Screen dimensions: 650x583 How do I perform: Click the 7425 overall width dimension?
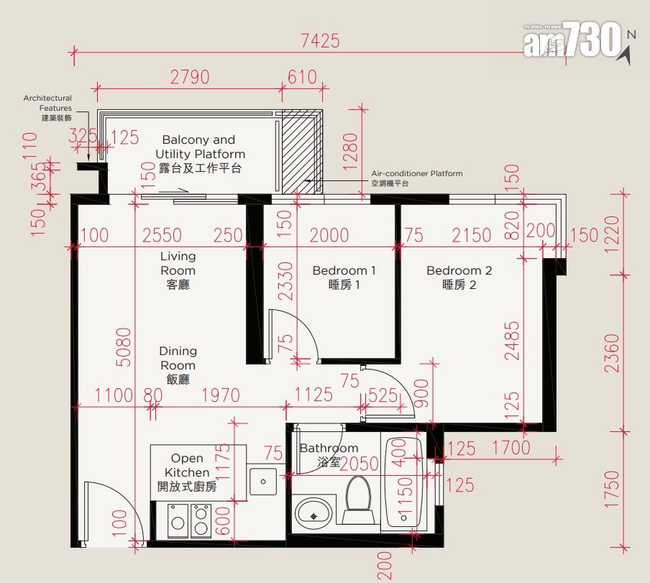tap(320, 40)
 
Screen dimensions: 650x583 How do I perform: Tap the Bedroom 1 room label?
tap(344, 277)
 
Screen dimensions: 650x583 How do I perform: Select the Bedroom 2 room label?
tap(459, 277)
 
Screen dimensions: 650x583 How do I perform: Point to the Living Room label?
tap(178, 270)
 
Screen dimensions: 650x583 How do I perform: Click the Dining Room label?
tap(178, 365)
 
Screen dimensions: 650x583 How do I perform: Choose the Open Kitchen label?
tap(187, 472)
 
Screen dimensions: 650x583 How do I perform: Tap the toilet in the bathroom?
tap(358, 500)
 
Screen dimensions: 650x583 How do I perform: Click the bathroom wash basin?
tap(313, 513)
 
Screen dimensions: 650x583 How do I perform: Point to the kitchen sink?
tap(263, 482)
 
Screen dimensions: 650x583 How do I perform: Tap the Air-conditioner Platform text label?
tap(416, 178)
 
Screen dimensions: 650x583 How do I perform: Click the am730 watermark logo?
tap(572, 40)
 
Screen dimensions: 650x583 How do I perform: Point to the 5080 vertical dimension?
tap(124, 347)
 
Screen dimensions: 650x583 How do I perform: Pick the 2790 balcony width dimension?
tap(190, 78)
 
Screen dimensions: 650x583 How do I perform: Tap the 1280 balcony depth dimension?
tap(350, 152)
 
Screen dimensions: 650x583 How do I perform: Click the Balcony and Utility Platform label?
tap(200, 154)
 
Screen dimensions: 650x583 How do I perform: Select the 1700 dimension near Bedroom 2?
tap(511, 448)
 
